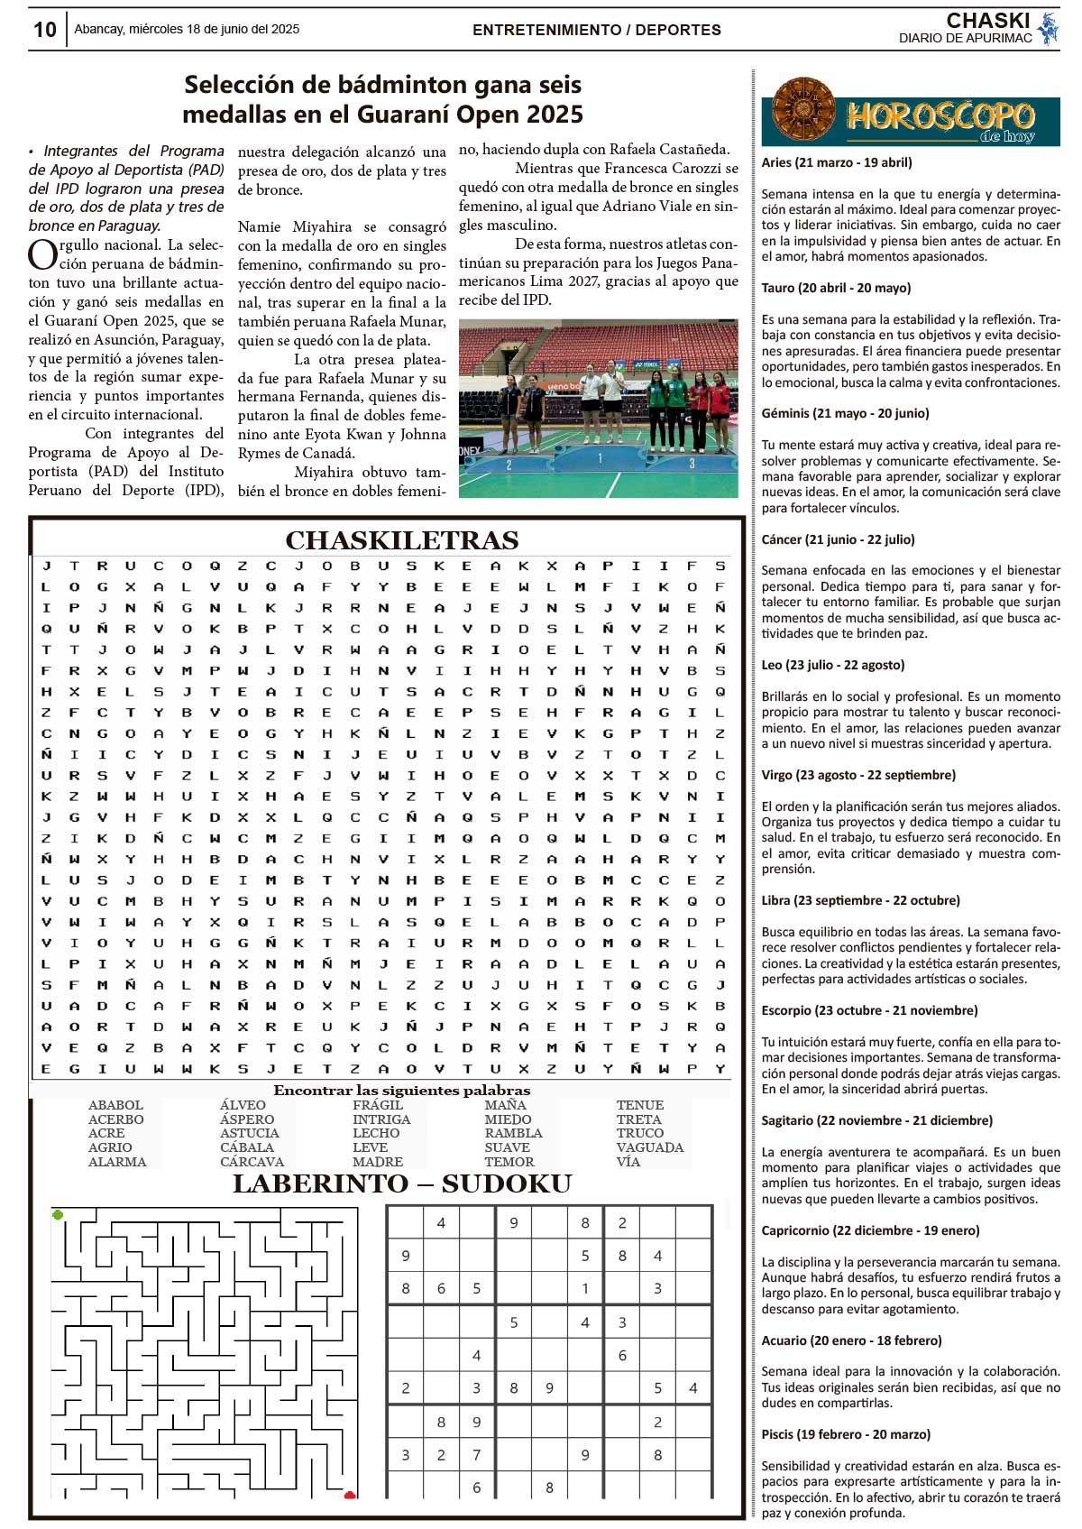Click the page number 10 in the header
coord(44,30)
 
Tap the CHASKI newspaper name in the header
coord(987,21)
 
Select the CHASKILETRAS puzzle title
coord(402,540)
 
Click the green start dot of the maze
coord(58,1215)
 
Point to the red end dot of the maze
coord(350,1496)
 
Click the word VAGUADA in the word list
coord(650,1147)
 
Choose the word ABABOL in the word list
coord(115,1105)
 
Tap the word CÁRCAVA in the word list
coord(252,1162)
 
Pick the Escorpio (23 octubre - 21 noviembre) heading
coord(869,1010)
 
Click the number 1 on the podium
coord(600,458)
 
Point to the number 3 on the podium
coord(692,464)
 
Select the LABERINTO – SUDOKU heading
coord(402,1184)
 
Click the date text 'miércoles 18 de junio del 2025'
coord(214,30)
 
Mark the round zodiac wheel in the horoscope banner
coord(803,111)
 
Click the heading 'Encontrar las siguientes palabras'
coord(402,1091)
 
